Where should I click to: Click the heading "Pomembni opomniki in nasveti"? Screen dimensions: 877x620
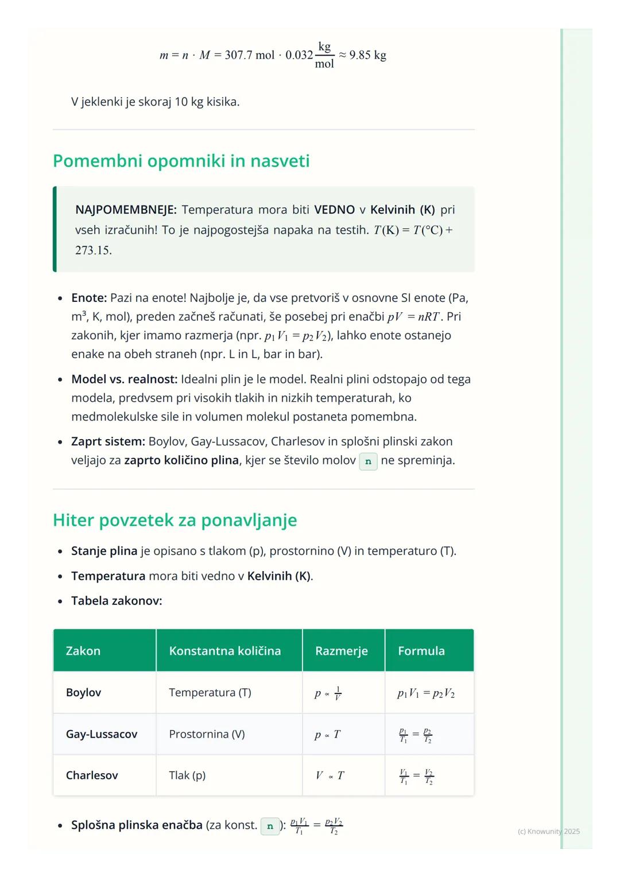tap(181, 161)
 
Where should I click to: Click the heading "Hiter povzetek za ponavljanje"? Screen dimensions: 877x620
tap(175, 520)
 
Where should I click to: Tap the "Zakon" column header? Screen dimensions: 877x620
tap(83, 651)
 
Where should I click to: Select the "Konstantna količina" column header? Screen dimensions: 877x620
tap(224, 651)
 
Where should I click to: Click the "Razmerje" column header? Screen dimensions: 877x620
tap(341, 651)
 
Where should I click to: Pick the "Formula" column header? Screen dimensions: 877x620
tap(421, 651)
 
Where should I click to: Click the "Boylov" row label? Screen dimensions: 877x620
tap(83, 693)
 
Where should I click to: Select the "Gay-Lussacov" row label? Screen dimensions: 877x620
tap(102, 734)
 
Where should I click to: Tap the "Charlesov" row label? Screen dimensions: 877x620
tap(92, 775)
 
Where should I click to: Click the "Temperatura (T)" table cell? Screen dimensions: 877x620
tap(210, 693)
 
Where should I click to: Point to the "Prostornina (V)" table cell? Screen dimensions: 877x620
tap(207, 734)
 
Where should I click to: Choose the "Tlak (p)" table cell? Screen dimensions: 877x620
tap(187, 775)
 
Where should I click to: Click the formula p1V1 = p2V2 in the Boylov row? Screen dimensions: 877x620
tap(425, 693)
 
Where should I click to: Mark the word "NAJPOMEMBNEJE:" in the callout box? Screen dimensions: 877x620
tap(126, 210)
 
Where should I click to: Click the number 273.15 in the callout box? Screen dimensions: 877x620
tap(93, 250)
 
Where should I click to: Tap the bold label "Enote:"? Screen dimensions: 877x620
tap(89, 298)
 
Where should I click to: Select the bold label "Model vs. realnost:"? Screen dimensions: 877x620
tap(124, 379)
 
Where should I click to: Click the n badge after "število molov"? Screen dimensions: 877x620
tap(368, 461)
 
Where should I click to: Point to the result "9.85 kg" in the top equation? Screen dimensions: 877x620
tap(367, 55)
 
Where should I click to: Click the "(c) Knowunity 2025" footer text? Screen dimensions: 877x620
tap(548, 831)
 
